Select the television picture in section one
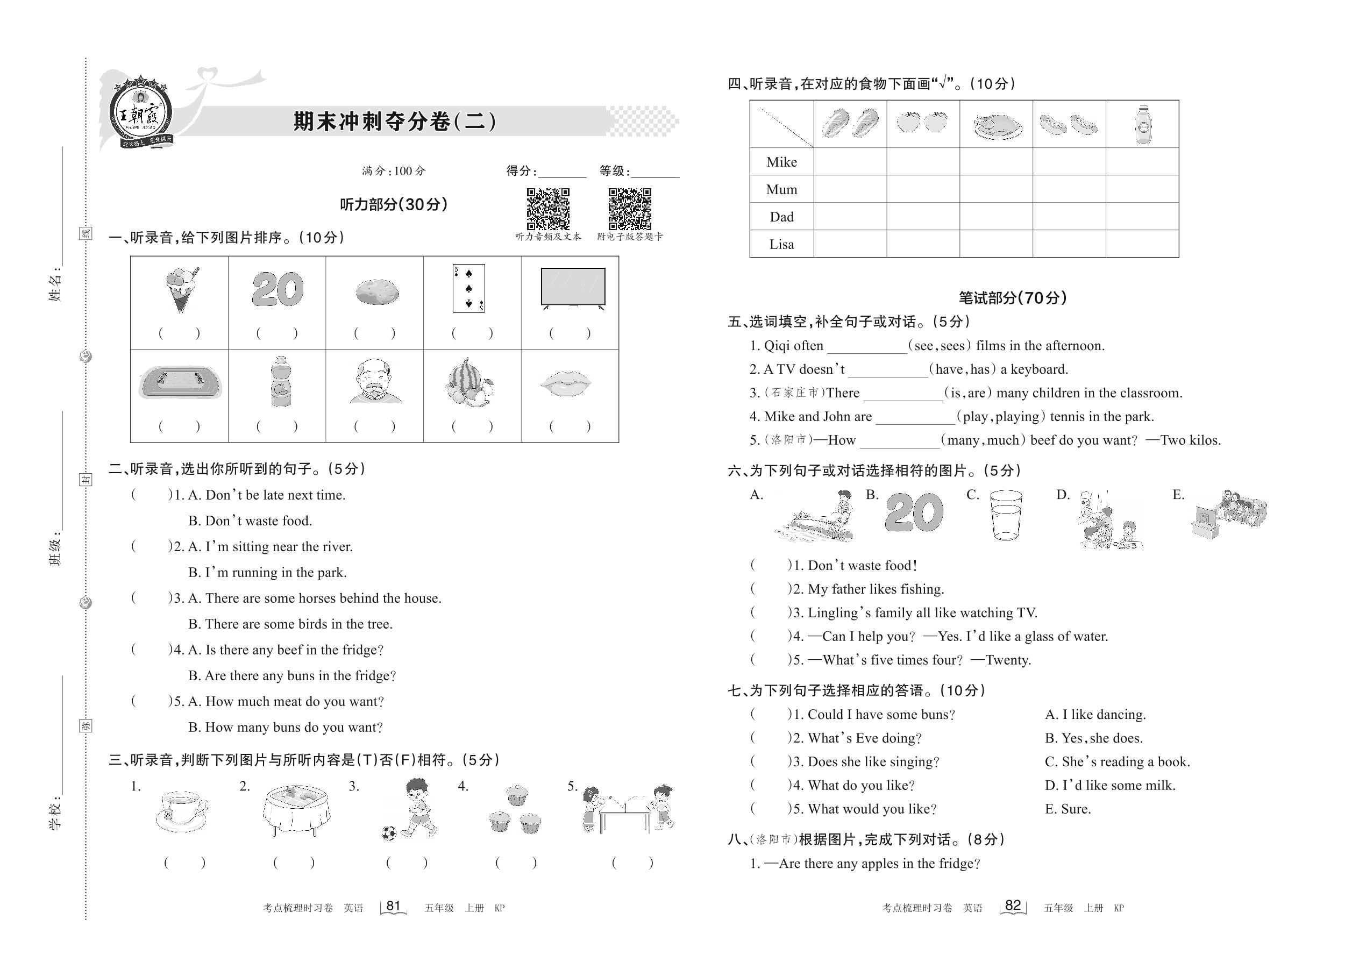[573, 288]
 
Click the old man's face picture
[375, 382]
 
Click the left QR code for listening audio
[548, 209]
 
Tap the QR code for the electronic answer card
[630, 209]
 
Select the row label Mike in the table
[781, 162]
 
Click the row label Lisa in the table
[781, 244]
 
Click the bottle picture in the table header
[1143, 124]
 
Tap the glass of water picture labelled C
[1006, 515]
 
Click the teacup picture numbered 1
[181, 811]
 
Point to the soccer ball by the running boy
[389, 833]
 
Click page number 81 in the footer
[393, 906]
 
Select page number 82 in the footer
[1013, 905]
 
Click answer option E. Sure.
[1068, 809]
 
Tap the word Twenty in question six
[1008, 660]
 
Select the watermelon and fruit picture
[468, 383]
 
